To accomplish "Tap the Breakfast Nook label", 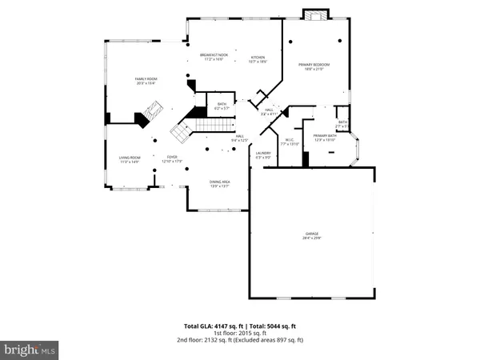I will pyautogui.click(x=214, y=57).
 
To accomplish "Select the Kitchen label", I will pyautogui.click(x=258, y=59).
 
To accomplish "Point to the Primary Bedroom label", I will pyautogui.click(x=314, y=66).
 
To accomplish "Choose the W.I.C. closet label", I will pyautogui.click(x=290, y=146).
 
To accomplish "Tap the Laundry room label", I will pyautogui.click(x=263, y=154).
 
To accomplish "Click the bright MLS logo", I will pyautogui.click(x=30, y=349).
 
